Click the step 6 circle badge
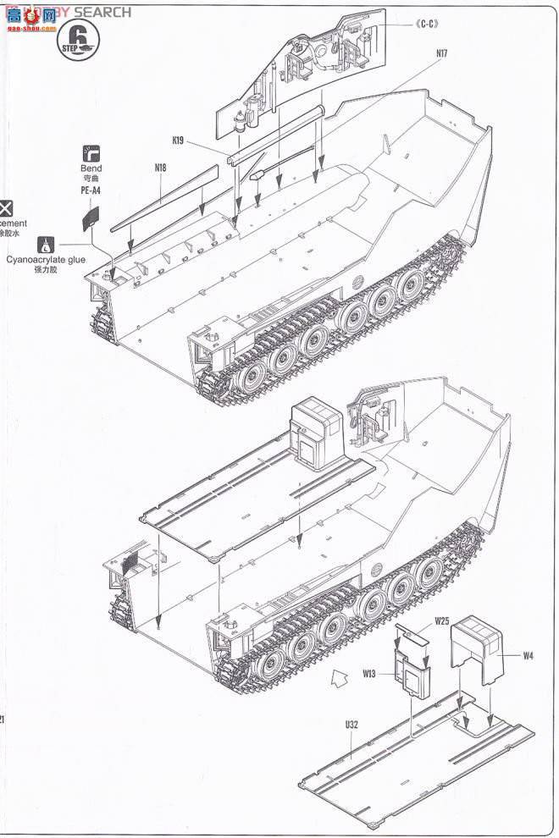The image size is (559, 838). tap(79, 39)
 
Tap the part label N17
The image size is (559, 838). tap(441, 55)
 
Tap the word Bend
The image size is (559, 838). tap(91, 168)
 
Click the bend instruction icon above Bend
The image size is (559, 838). tap(91, 152)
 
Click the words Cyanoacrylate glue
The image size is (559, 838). tap(47, 261)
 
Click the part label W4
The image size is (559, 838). tap(527, 654)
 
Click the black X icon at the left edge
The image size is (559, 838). tap(6, 207)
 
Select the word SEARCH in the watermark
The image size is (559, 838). tap(102, 12)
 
